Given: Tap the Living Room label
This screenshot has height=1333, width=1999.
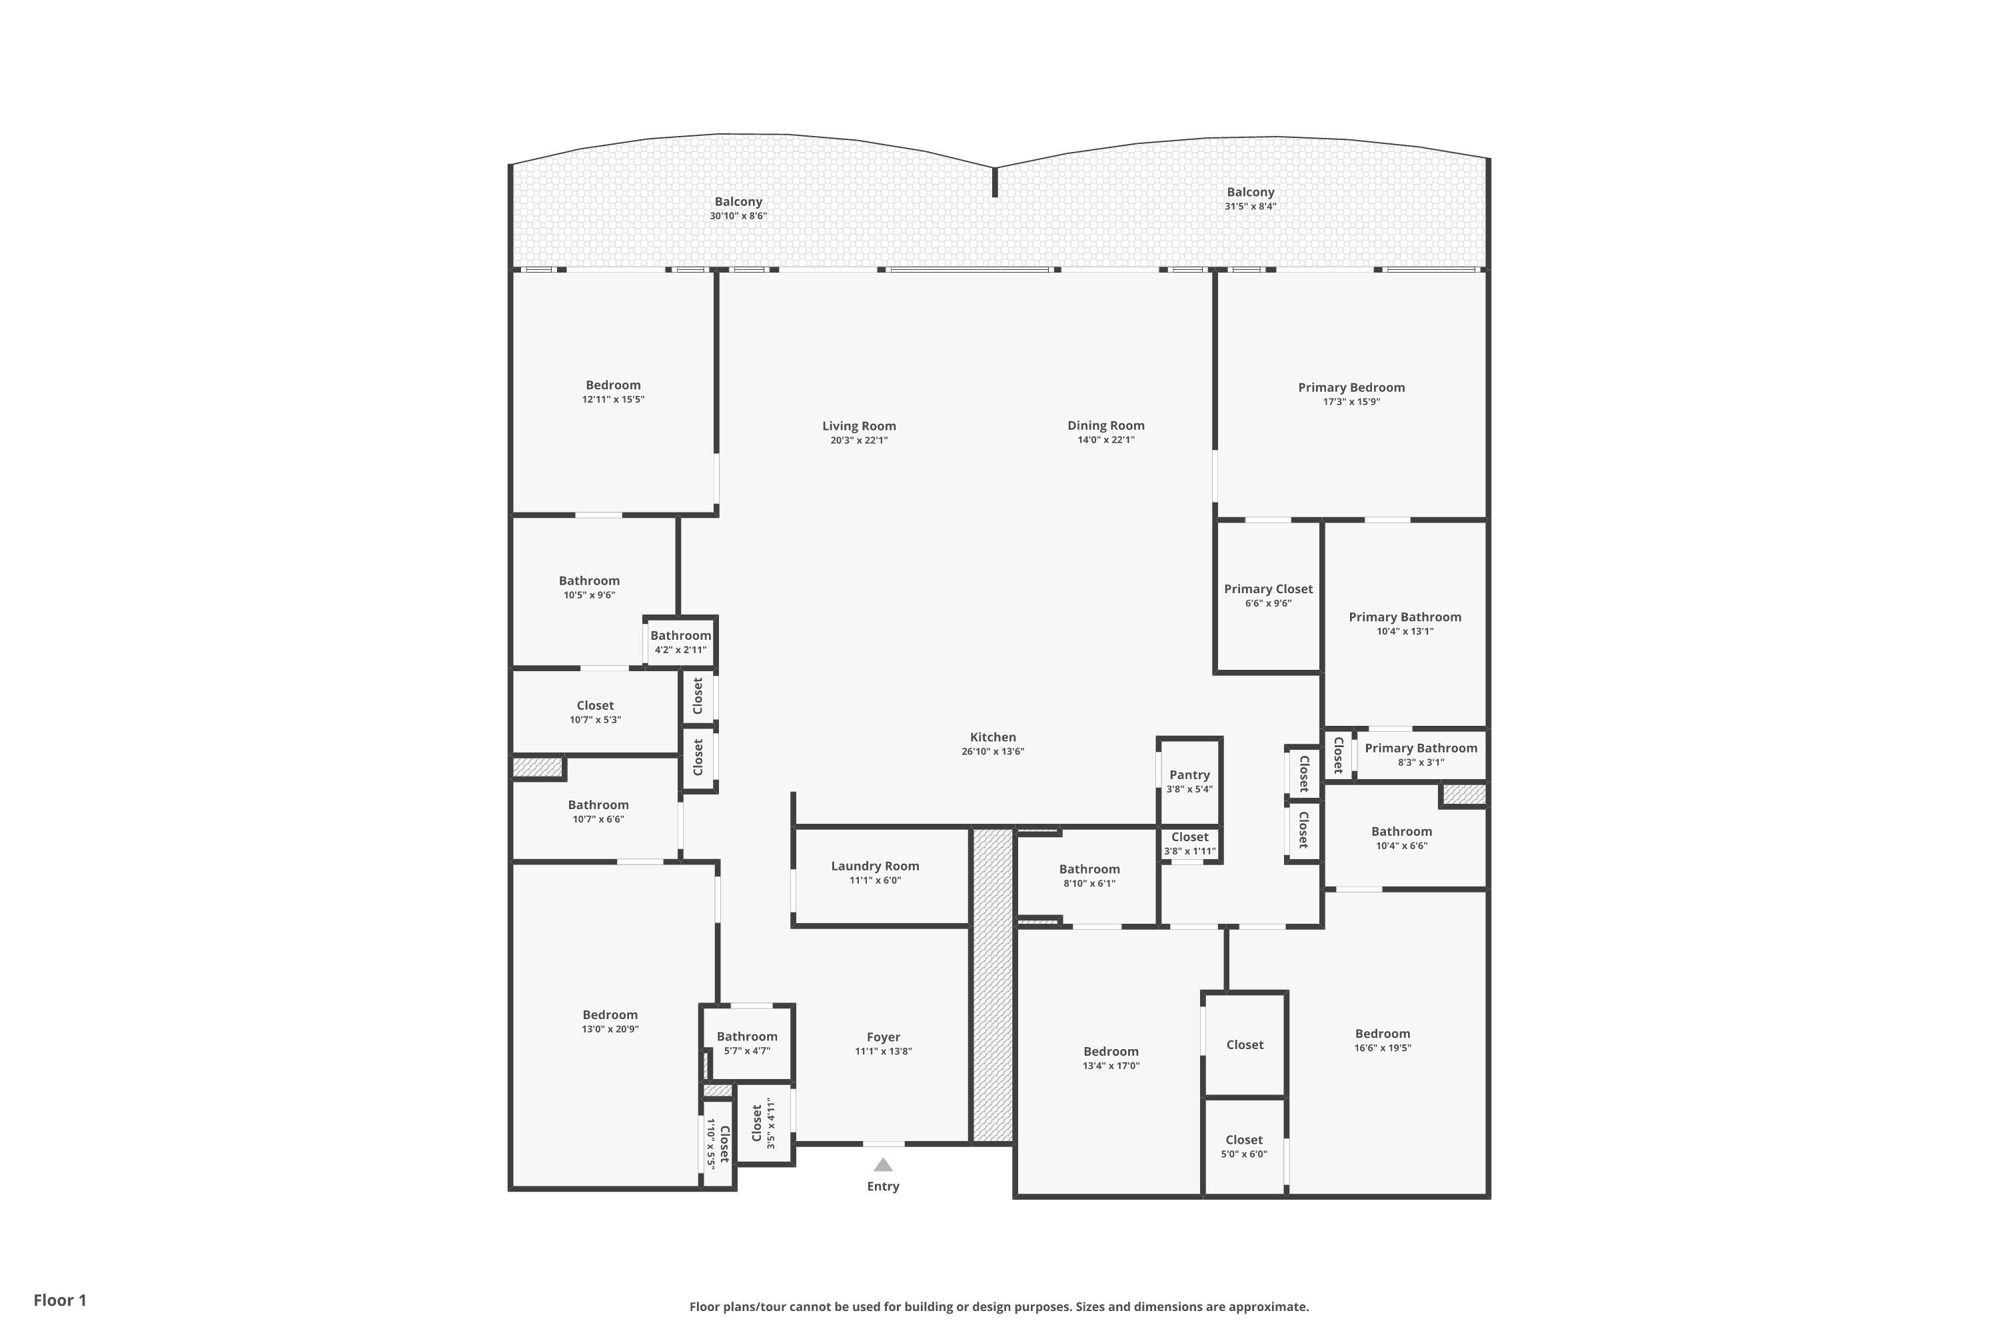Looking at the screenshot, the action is (x=860, y=426).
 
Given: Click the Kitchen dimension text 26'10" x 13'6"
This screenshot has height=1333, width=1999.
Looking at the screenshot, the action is (x=993, y=752).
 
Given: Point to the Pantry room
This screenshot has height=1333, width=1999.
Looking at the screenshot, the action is (x=1190, y=780).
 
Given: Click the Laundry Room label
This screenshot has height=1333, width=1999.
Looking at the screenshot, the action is (x=876, y=866).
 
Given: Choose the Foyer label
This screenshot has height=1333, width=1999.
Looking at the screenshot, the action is (x=884, y=1037).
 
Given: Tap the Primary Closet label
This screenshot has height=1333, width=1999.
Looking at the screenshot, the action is (x=1268, y=589).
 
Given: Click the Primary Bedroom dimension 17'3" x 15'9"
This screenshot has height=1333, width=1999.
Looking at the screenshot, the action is (x=1351, y=402).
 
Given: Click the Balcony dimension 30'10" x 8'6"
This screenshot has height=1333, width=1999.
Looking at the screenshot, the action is (x=738, y=216).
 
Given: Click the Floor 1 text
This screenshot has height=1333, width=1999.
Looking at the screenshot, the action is (x=61, y=1300).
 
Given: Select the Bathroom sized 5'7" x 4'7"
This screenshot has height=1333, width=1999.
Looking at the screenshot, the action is (x=747, y=1043).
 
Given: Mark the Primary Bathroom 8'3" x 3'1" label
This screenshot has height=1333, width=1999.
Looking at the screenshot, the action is (x=1421, y=755).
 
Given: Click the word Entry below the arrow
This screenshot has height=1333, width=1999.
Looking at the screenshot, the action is (x=883, y=1187).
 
